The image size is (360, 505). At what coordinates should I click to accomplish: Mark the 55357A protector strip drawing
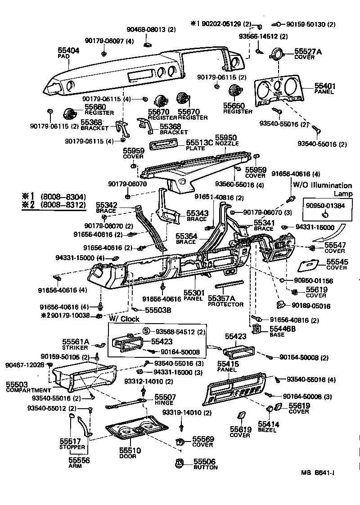coord(229,285)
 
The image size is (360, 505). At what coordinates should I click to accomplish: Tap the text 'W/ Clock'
coord(124,319)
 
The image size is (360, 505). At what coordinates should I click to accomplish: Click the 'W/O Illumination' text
coord(322,185)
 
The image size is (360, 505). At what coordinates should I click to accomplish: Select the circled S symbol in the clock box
coord(146,332)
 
